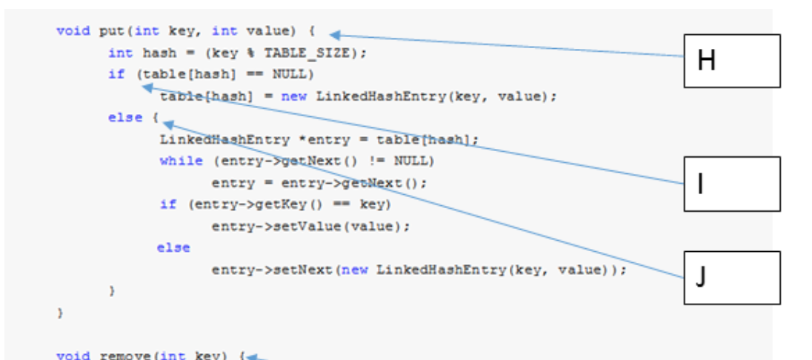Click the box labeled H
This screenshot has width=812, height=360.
[731, 61]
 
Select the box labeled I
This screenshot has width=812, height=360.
[731, 184]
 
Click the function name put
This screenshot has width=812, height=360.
[111, 30]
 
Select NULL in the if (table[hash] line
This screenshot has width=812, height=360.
[293, 74]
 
